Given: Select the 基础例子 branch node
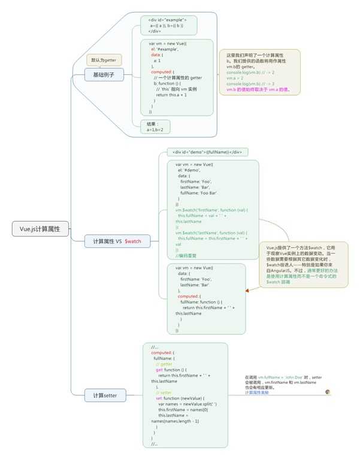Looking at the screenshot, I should [103, 75].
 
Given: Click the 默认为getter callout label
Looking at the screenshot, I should [104, 60].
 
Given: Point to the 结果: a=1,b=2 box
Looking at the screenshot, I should [155, 126].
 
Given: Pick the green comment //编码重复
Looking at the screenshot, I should [186, 255].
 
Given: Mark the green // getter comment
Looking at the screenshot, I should [164, 364].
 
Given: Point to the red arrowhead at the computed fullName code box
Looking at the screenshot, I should [246, 290].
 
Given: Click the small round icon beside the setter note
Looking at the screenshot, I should [328, 391].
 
